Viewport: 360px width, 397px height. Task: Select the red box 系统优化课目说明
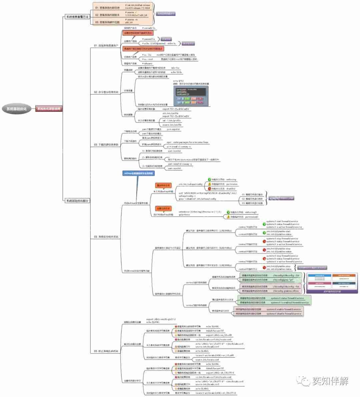(49, 109)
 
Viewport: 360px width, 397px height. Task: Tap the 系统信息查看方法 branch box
(77, 16)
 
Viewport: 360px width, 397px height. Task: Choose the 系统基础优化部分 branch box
(77, 201)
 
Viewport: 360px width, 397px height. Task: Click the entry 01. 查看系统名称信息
(107, 7)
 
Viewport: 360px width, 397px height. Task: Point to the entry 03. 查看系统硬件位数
(107, 22)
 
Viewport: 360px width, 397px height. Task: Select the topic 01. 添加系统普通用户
(106, 45)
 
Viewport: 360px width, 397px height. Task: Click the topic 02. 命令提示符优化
(106, 92)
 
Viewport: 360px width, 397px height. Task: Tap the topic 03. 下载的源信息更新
(106, 145)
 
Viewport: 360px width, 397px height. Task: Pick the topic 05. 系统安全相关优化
(106, 237)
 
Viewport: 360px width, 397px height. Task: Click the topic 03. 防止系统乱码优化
(106, 351)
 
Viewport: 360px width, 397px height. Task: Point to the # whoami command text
(147, 63)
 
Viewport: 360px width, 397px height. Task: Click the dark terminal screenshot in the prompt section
(191, 92)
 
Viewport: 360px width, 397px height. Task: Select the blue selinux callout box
(139, 173)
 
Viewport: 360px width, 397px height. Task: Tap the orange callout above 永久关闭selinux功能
(163, 185)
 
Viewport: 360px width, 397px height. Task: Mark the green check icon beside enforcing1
(228, 212)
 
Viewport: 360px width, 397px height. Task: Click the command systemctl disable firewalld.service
(283, 314)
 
